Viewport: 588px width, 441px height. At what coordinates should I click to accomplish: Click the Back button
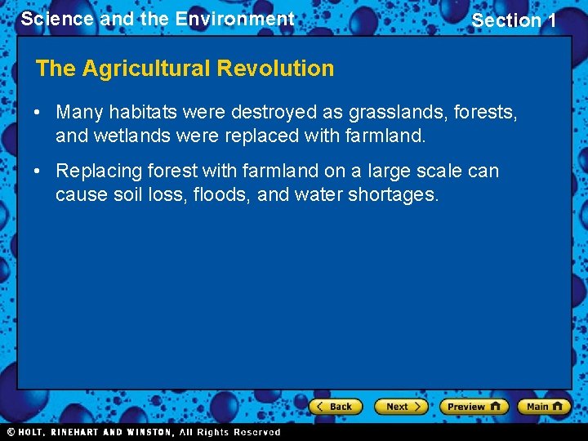pyautogui.click(x=336, y=406)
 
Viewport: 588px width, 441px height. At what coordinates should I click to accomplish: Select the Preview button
pyautogui.click(x=474, y=406)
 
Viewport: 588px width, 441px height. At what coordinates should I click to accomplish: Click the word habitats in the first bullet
pyautogui.click(x=152, y=111)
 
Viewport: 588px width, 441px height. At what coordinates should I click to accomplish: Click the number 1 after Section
pyautogui.click(x=550, y=20)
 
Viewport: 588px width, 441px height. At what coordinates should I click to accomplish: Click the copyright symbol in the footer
pyautogui.click(x=11, y=432)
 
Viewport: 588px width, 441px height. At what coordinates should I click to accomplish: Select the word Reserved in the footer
pyautogui.click(x=256, y=432)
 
